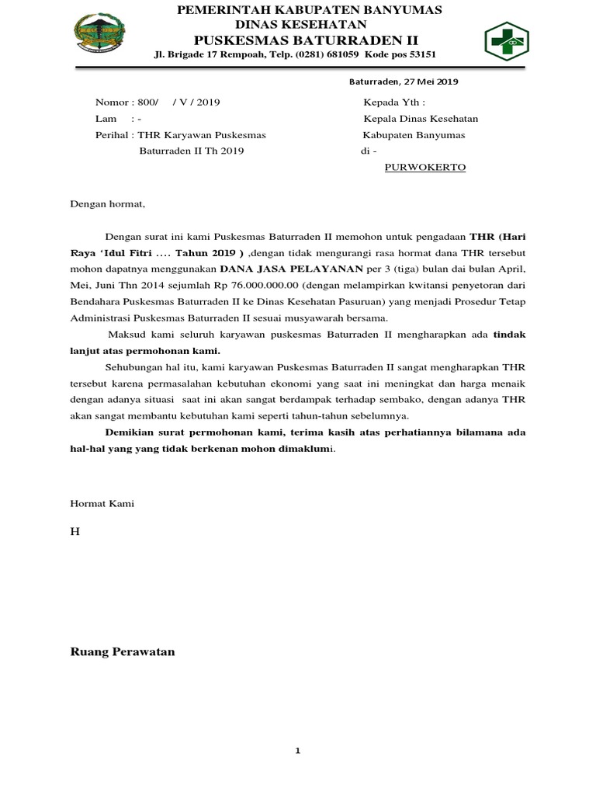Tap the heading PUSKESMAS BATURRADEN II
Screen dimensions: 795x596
coord(310,40)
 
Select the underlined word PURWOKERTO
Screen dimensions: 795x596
coord(425,167)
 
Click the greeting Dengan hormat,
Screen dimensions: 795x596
coord(108,205)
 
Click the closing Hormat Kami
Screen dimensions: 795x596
coord(102,504)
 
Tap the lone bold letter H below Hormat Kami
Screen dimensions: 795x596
coord(74,530)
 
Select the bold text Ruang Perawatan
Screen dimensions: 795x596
coord(123,652)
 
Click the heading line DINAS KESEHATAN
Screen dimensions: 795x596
coord(310,25)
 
